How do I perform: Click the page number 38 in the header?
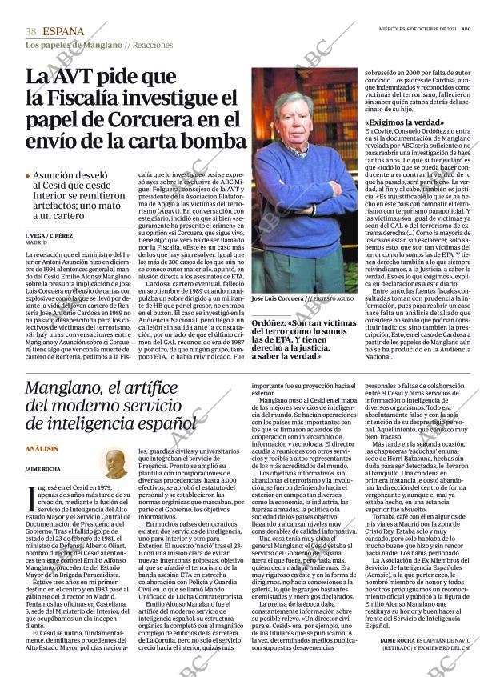[30, 31]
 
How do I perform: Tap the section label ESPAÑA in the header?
[63, 31]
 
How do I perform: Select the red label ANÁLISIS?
[42, 449]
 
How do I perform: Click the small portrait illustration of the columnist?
[116, 462]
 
